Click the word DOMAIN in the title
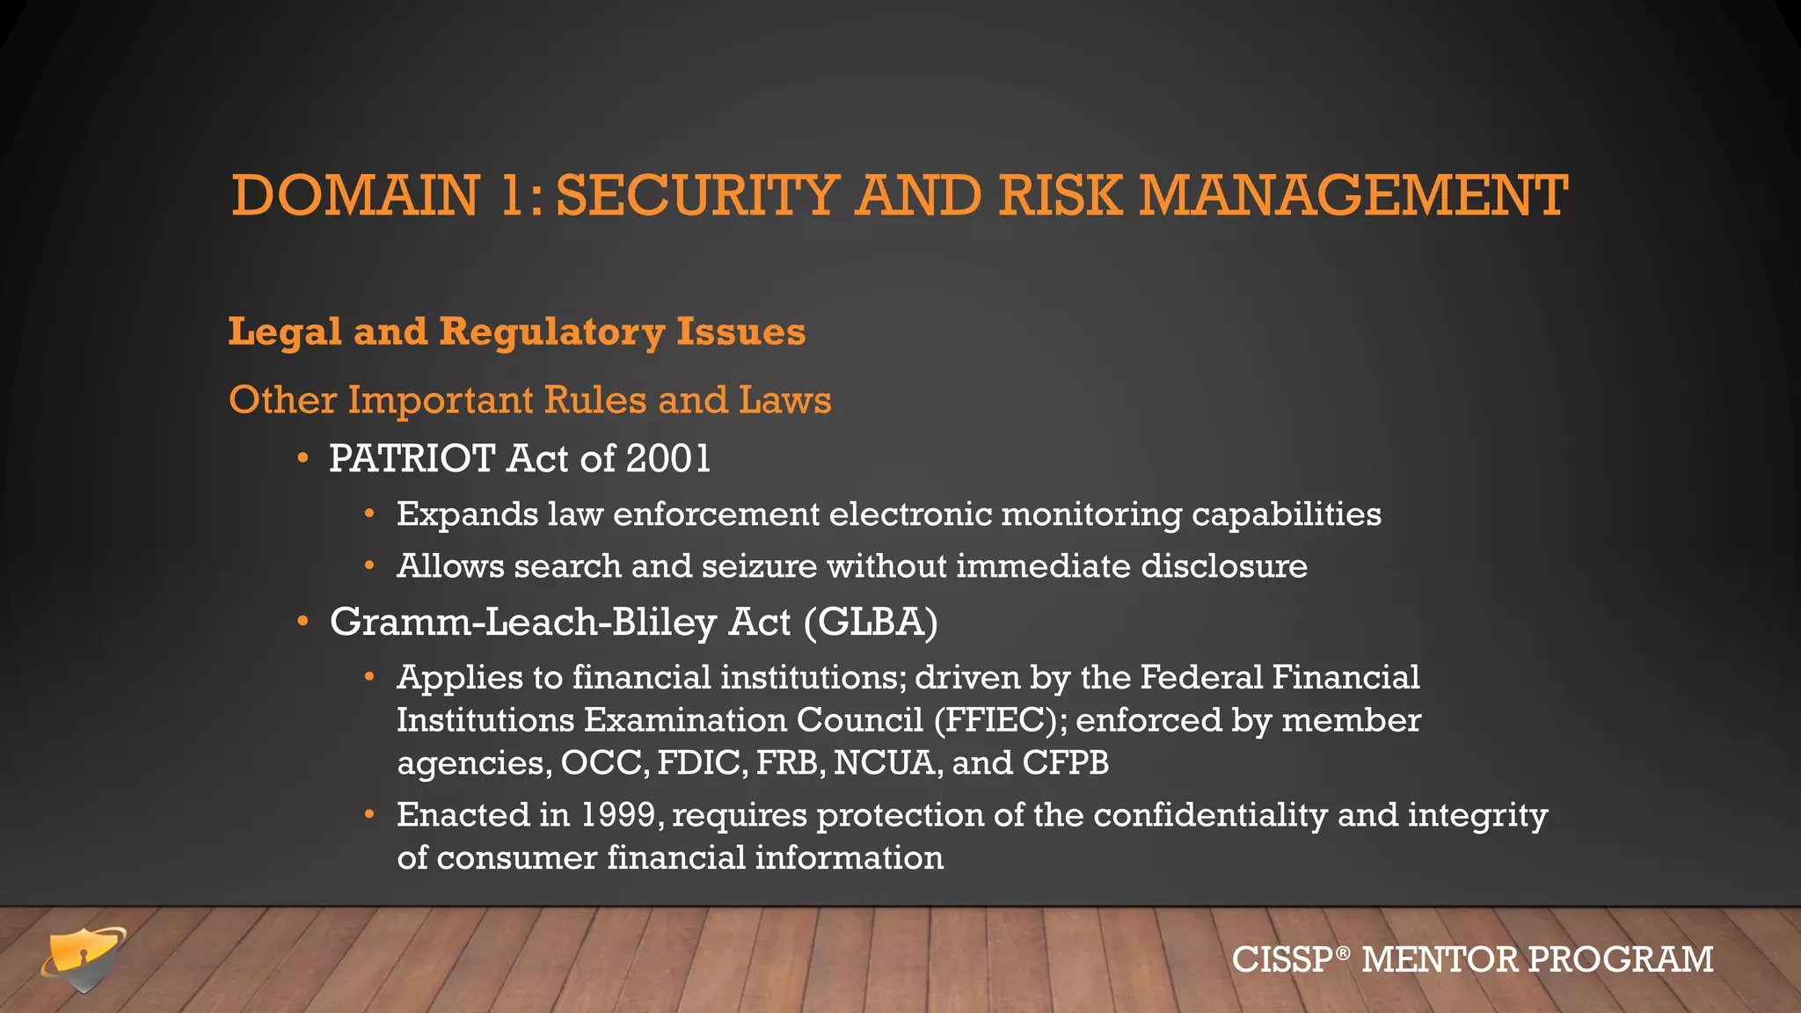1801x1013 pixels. (x=355, y=195)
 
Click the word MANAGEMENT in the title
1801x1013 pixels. (x=1353, y=195)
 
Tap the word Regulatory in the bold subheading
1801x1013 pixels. (x=551, y=332)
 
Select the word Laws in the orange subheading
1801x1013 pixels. (x=784, y=400)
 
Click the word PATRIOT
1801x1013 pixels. (x=412, y=459)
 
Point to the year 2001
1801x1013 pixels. (x=668, y=459)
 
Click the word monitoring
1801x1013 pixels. (x=1090, y=514)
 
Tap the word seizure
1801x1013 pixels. (x=759, y=566)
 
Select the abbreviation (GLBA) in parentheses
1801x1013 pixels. (x=871, y=623)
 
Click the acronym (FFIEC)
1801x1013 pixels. (x=1000, y=720)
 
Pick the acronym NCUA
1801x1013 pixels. (x=886, y=763)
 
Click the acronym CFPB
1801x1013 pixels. (x=1065, y=763)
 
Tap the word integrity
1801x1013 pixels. (x=1477, y=815)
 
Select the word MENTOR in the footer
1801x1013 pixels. (x=1439, y=959)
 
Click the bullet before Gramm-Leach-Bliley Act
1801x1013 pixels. (x=303, y=623)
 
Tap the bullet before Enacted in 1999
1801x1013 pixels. (x=370, y=815)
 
